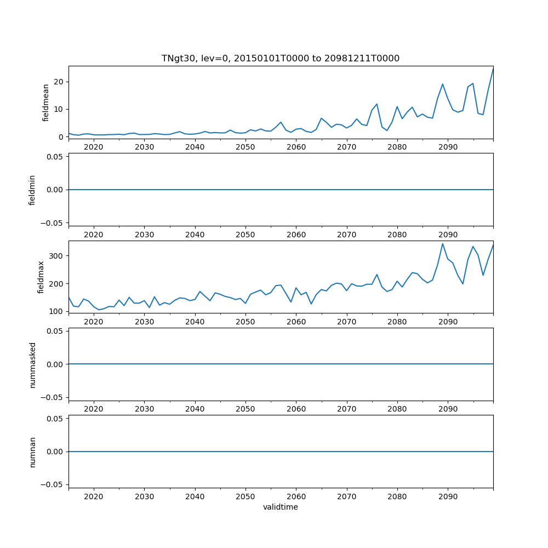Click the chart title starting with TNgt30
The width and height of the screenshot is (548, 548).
click(x=281, y=58)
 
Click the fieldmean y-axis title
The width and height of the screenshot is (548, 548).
click(x=46, y=102)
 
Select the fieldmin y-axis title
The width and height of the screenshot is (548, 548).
click(x=32, y=190)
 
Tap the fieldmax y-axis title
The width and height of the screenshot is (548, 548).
click(x=41, y=277)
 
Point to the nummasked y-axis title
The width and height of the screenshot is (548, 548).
click(x=32, y=364)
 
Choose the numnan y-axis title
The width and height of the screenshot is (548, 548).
click(x=32, y=452)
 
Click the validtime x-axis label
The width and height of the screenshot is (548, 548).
click(x=281, y=507)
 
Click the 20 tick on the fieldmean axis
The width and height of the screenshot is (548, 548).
click(x=59, y=82)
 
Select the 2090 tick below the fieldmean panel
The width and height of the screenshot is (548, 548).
click(x=448, y=147)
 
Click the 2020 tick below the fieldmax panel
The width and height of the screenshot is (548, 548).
click(x=94, y=322)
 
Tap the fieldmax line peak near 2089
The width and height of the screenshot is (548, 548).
click(x=443, y=244)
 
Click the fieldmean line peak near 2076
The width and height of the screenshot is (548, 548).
click(x=377, y=104)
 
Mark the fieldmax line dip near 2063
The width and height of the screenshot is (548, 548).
click(x=311, y=304)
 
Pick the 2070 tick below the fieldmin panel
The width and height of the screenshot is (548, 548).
click(x=347, y=235)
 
